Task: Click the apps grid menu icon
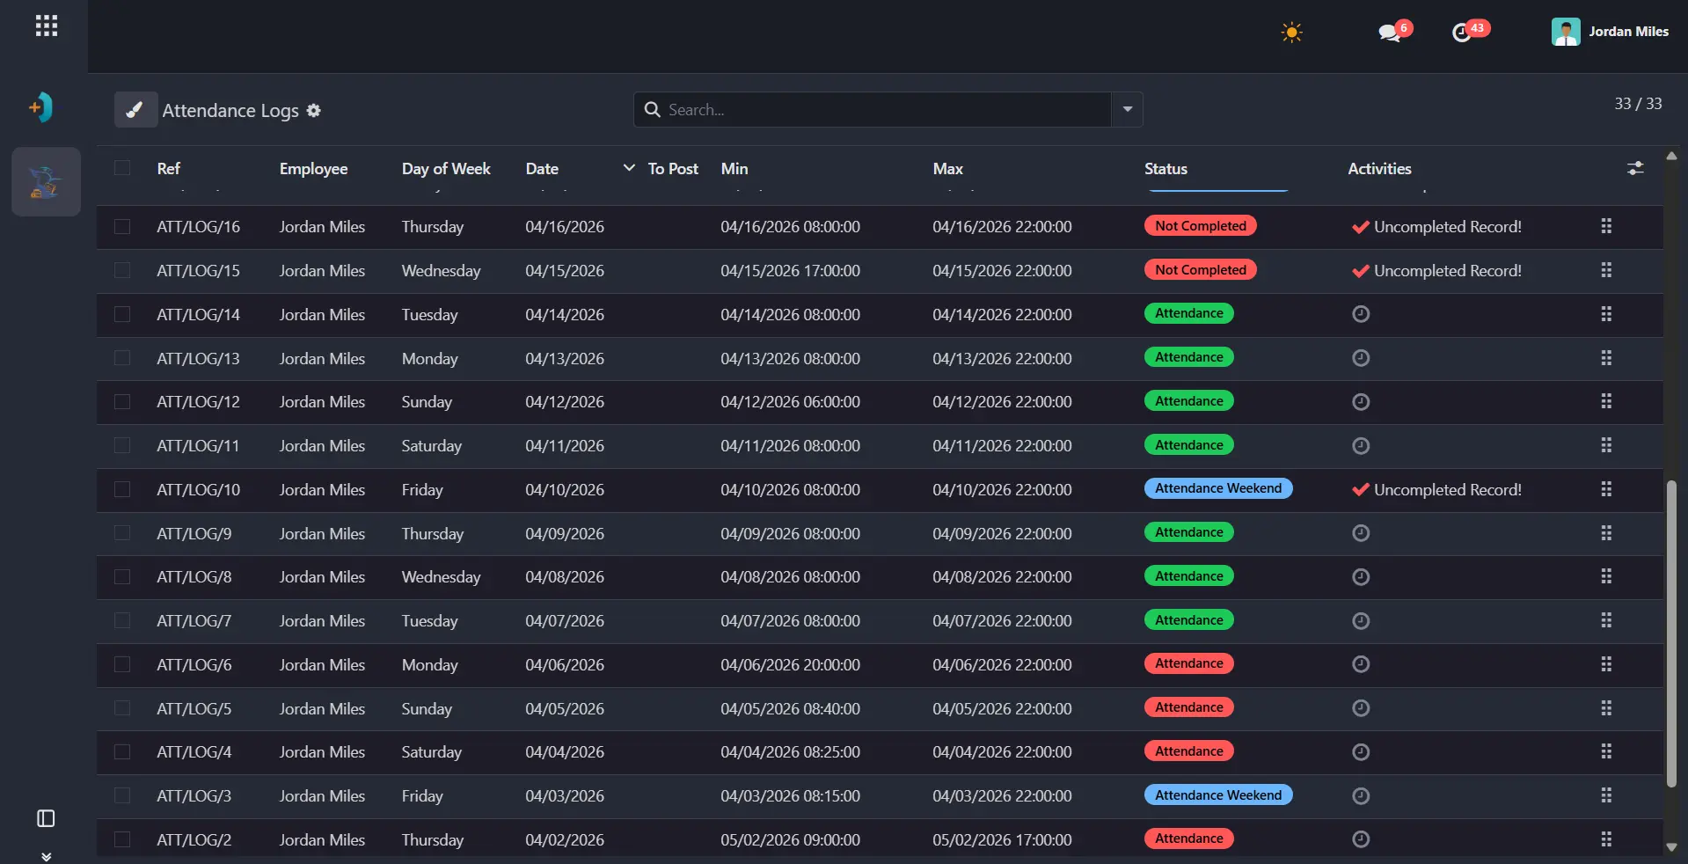(x=47, y=26)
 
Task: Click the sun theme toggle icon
(x=1291, y=33)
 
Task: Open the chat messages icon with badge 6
(x=1390, y=33)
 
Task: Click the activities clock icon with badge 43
(x=1461, y=33)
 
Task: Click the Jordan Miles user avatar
(x=1566, y=32)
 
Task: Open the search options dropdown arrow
(x=1128, y=110)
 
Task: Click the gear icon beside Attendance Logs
(x=314, y=110)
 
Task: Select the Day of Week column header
(x=446, y=169)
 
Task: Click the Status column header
(x=1166, y=169)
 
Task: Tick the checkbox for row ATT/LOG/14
(x=122, y=314)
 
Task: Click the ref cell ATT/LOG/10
(x=198, y=490)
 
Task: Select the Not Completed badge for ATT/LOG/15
(x=1201, y=270)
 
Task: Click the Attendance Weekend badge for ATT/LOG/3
(x=1218, y=795)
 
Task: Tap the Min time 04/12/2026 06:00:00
(x=790, y=402)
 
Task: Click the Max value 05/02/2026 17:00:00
(x=1002, y=840)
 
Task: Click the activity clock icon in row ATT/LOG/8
(x=1361, y=577)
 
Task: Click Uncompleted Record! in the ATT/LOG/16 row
(x=1447, y=227)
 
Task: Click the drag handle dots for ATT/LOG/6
(x=1606, y=664)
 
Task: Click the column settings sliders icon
(x=1635, y=168)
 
